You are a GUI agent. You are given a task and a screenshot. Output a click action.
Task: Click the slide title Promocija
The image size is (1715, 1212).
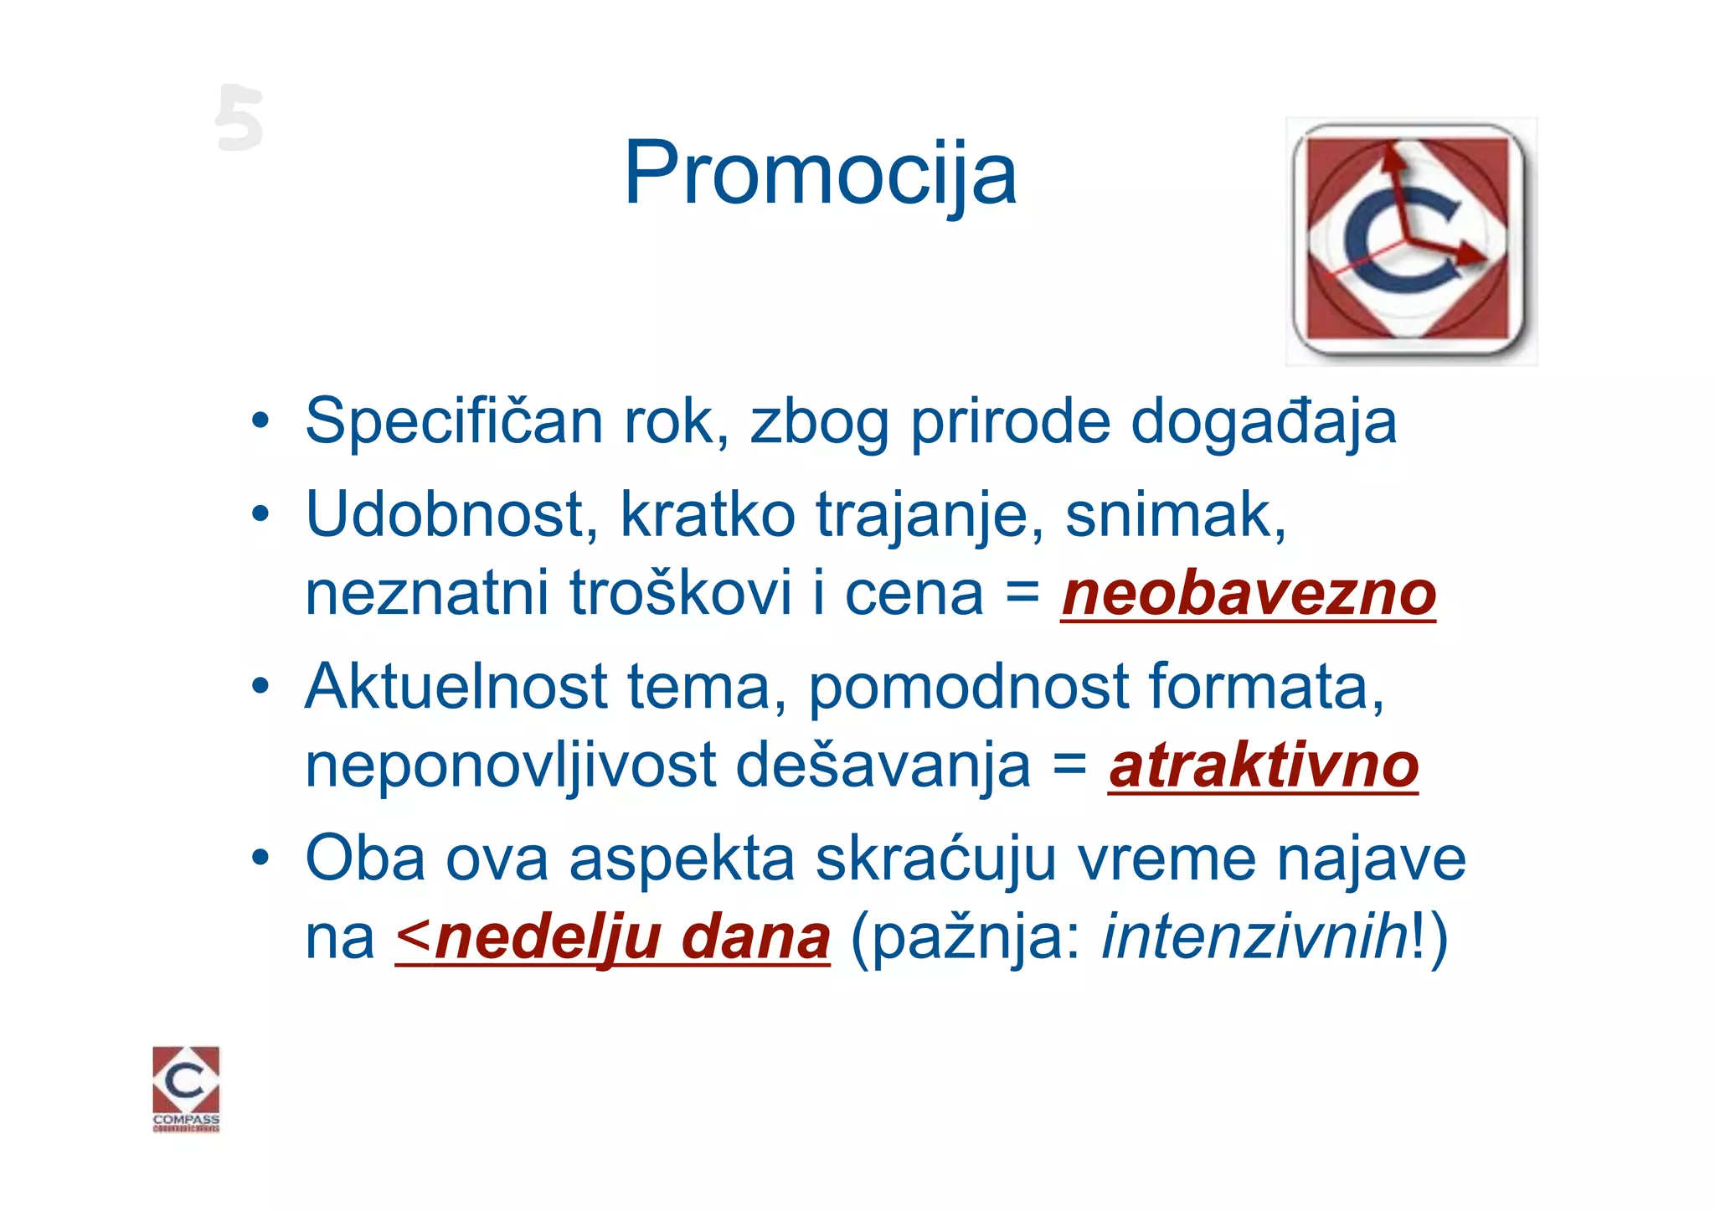[x=820, y=174]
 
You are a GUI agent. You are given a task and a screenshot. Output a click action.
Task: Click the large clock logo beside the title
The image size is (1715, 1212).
[x=1411, y=241]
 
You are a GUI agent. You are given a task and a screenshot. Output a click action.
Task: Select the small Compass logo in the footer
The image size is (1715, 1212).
[x=186, y=1088]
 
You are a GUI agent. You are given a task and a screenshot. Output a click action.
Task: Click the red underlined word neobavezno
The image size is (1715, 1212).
[x=1248, y=594]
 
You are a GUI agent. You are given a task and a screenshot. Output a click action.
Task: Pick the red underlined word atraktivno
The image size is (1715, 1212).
[x=1263, y=766]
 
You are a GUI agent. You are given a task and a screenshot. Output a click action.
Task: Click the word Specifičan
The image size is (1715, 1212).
[x=453, y=421]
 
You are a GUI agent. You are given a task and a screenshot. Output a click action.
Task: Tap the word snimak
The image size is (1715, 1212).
[x=1175, y=514]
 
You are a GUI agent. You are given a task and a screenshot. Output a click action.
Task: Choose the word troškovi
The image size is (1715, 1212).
[x=681, y=594]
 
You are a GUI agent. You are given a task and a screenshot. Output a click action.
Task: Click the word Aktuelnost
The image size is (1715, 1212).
[x=456, y=687]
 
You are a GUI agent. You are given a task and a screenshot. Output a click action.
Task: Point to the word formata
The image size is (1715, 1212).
[x=1265, y=687]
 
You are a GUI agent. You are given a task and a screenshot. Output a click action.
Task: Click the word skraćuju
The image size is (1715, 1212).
[x=935, y=859]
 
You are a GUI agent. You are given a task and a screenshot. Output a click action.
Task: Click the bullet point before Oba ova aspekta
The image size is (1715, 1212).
[x=261, y=858]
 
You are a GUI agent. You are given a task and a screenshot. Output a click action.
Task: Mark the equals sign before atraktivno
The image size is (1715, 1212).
[x=1069, y=764]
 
